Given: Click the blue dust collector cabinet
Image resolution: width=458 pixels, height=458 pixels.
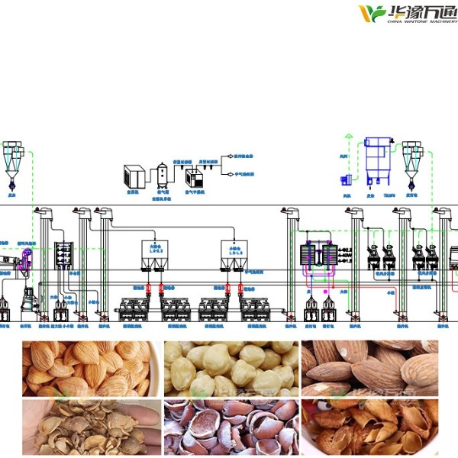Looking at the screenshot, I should coord(378,156).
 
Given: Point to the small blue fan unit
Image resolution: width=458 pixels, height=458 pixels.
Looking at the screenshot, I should coord(344,177).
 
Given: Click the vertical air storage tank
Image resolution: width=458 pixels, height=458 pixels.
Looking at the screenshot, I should coord(163,174).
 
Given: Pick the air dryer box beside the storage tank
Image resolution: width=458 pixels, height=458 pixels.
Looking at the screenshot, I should coord(194,179).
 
